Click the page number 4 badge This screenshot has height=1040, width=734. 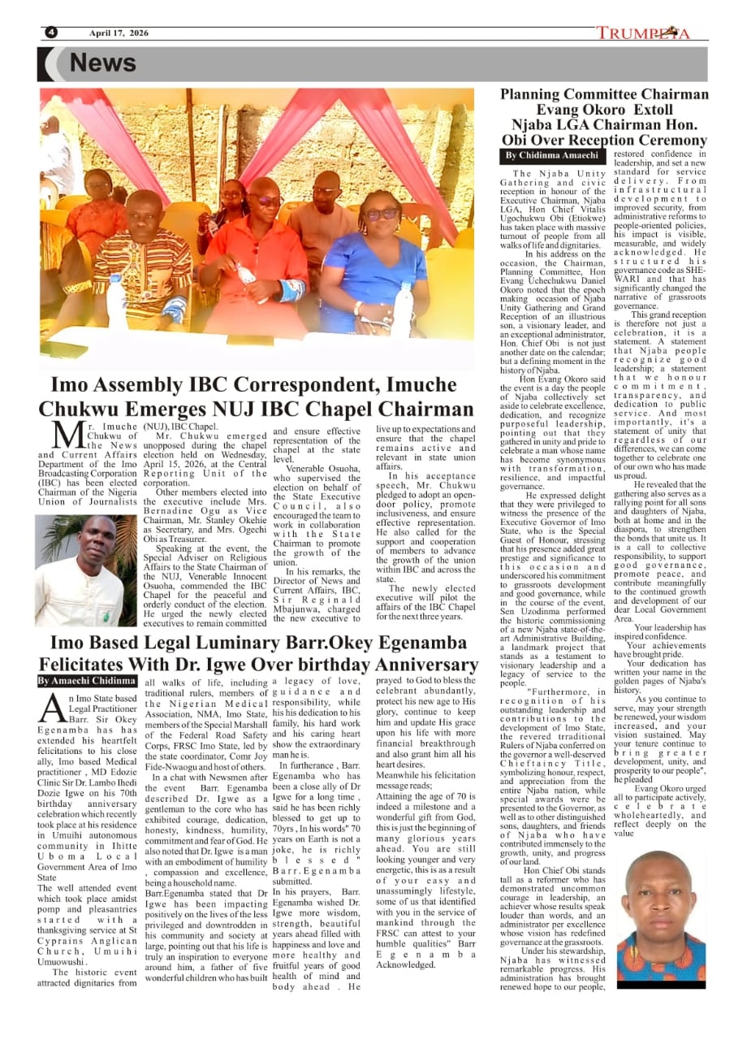[51, 32]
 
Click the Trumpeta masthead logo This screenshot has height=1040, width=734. [643, 33]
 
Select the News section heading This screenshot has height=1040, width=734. [102, 63]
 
